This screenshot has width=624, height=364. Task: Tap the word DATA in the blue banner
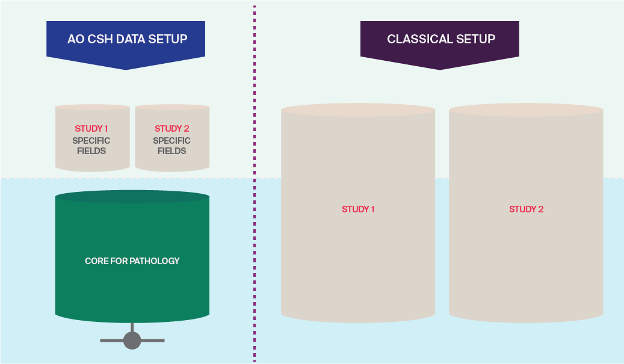pyautogui.click(x=132, y=39)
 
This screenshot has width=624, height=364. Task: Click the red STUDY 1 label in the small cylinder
pyautogui.click(x=91, y=129)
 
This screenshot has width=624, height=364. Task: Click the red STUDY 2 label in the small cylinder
pyautogui.click(x=171, y=129)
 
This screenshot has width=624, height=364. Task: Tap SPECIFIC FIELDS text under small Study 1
pyautogui.click(x=91, y=146)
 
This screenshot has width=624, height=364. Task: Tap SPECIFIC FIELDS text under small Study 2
pyautogui.click(x=171, y=146)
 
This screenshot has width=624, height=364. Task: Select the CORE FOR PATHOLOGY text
pyautogui.click(x=132, y=261)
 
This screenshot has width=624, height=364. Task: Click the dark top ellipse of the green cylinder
pyautogui.click(x=132, y=197)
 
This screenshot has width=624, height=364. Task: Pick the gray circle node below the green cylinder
pyautogui.click(x=132, y=341)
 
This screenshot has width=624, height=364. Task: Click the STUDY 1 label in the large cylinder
pyautogui.click(x=358, y=209)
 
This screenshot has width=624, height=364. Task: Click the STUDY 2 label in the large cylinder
pyautogui.click(x=526, y=209)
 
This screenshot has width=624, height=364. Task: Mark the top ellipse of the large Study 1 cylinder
pyautogui.click(x=358, y=110)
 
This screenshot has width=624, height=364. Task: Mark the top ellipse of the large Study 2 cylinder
pyautogui.click(x=526, y=110)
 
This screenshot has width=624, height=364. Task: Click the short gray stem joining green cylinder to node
pyautogui.click(x=132, y=327)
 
